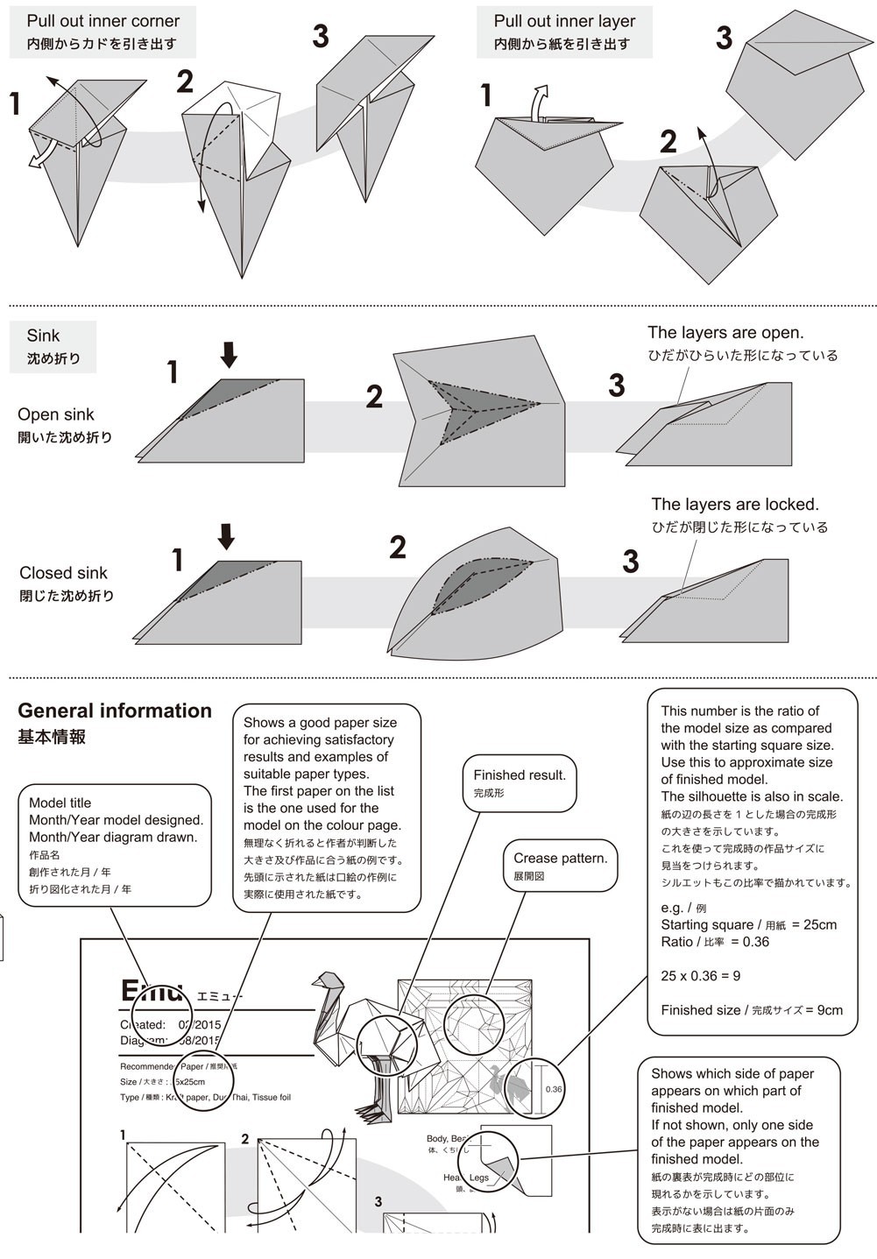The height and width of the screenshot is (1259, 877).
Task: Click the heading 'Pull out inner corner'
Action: tap(103, 20)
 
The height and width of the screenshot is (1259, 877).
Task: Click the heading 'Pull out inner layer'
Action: tap(564, 20)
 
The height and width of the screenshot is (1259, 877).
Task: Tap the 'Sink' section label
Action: tap(43, 336)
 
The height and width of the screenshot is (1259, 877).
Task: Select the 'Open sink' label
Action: tap(55, 414)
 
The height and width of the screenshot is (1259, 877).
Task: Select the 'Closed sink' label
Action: tap(63, 573)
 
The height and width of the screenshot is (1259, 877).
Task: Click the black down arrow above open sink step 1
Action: tap(229, 355)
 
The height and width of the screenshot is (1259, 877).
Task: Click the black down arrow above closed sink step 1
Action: tap(226, 536)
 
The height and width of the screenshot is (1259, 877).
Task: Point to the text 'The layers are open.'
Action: tap(725, 333)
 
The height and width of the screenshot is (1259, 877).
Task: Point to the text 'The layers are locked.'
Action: tap(734, 505)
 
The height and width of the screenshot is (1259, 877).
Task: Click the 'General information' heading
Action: tap(115, 711)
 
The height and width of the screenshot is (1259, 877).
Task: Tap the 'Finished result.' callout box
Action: tap(520, 782)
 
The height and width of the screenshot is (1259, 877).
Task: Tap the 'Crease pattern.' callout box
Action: tap(560, 866)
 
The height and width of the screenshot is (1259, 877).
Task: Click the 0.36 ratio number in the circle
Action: tap(553, 1090)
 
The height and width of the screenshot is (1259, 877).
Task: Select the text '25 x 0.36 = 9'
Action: tap(700, 976)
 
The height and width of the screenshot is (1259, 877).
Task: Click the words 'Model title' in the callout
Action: tap(60, 803)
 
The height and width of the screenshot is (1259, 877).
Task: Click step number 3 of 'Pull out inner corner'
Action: tap(321, 36)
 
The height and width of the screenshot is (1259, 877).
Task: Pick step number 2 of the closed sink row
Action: tap(397, 548)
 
